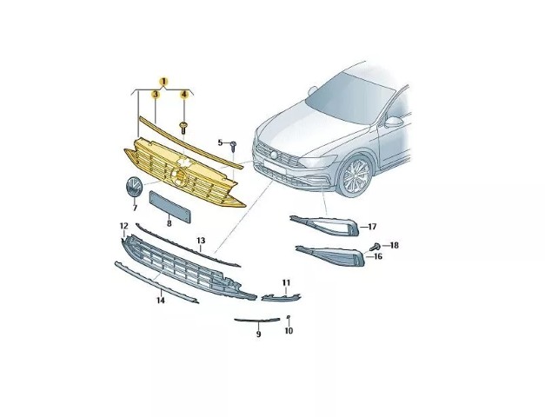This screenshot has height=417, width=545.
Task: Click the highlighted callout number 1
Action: click(163, 82)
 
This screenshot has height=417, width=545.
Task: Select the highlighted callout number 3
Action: click(156, 94)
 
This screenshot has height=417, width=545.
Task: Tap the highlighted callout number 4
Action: click(184, 94)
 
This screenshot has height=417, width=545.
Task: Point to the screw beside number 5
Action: click(234, 146)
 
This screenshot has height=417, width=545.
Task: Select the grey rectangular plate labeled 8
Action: click(170, 207)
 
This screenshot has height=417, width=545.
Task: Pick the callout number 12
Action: click(124, 226)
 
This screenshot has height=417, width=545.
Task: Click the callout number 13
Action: click(201, 241)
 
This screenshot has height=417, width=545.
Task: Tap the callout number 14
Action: click(160, 301)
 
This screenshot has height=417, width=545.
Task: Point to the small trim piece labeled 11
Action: click(281, 297)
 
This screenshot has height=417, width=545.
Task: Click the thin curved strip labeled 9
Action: click(257, 320)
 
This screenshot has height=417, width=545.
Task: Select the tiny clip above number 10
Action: click(289, 317)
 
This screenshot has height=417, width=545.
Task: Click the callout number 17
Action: click(372, 227)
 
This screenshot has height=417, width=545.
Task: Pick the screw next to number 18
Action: click(375, 248)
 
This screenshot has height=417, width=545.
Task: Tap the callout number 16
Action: click(378, 256)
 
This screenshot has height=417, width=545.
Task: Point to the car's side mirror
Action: click(394, 122)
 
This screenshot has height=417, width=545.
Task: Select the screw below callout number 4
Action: click(183, 128)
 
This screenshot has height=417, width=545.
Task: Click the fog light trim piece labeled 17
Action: click(325, 225)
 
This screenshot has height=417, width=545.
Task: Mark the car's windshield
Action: click(349, 99)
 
